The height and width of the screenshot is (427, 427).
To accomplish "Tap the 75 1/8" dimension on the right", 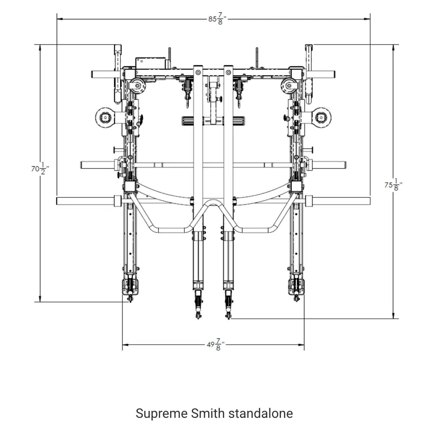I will pyautogui.click(x=393, y=185).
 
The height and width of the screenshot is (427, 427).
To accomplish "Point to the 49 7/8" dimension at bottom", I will pyautogui.click(x=215, y=345).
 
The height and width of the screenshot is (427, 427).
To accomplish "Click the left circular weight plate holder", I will pyautogui.click(x=105, y=118).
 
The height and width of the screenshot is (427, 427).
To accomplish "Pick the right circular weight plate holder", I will pyautogui.click(x=321, y=118).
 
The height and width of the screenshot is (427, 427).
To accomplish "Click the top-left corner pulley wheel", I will pyautogui.click(x=137, y=86).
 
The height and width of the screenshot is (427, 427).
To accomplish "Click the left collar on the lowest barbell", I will pyautogui.click(x=117, y=201).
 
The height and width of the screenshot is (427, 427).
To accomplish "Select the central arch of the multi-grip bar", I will pyautogui.click(x=213, y=204).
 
